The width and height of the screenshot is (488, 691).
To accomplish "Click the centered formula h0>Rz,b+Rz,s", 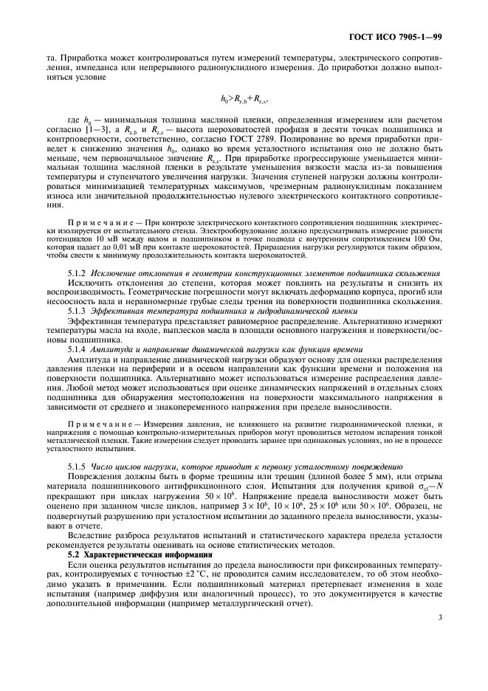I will [x=244, y=97].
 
